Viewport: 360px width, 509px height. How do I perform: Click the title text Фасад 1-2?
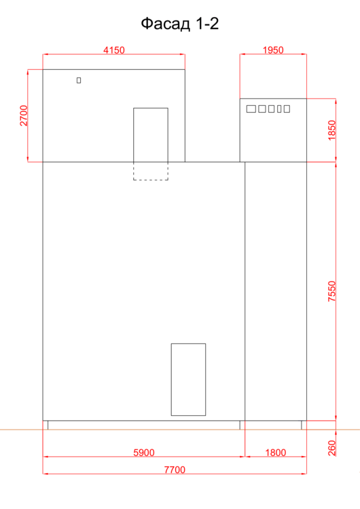coord(180,24)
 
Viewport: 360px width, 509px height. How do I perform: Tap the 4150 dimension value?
coord(113,50)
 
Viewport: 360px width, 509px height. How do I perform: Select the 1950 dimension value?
coord(273,50)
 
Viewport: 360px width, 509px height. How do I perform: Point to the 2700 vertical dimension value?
coord(24,115)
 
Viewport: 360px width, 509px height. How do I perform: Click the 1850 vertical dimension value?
coord(331,130)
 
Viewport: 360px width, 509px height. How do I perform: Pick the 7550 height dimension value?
coord(331,291)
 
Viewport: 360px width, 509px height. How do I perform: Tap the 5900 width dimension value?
coord(144,453)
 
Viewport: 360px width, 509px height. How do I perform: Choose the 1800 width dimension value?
coord(276,453)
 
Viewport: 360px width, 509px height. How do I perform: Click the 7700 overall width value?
coord(175,470)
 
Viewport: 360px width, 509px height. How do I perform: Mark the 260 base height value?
coord(331,448)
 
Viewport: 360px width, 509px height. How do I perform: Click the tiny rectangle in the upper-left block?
coord(79,80)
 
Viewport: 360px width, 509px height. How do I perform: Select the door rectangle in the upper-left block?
coord(151,135)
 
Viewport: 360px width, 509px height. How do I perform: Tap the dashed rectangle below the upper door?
coord(151,171)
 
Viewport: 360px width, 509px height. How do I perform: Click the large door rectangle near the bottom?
coord(188,379)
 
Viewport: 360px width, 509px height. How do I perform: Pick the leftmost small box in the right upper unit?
coord(251,109)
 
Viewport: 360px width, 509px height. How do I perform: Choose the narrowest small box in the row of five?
coord(279,109)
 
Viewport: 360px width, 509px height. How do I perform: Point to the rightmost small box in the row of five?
coord(287,109)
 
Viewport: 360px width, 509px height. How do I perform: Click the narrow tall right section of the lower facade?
coord(276,291)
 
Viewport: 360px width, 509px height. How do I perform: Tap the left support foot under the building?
coord(46,425)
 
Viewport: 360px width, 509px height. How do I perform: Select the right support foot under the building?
coord(304,425)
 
